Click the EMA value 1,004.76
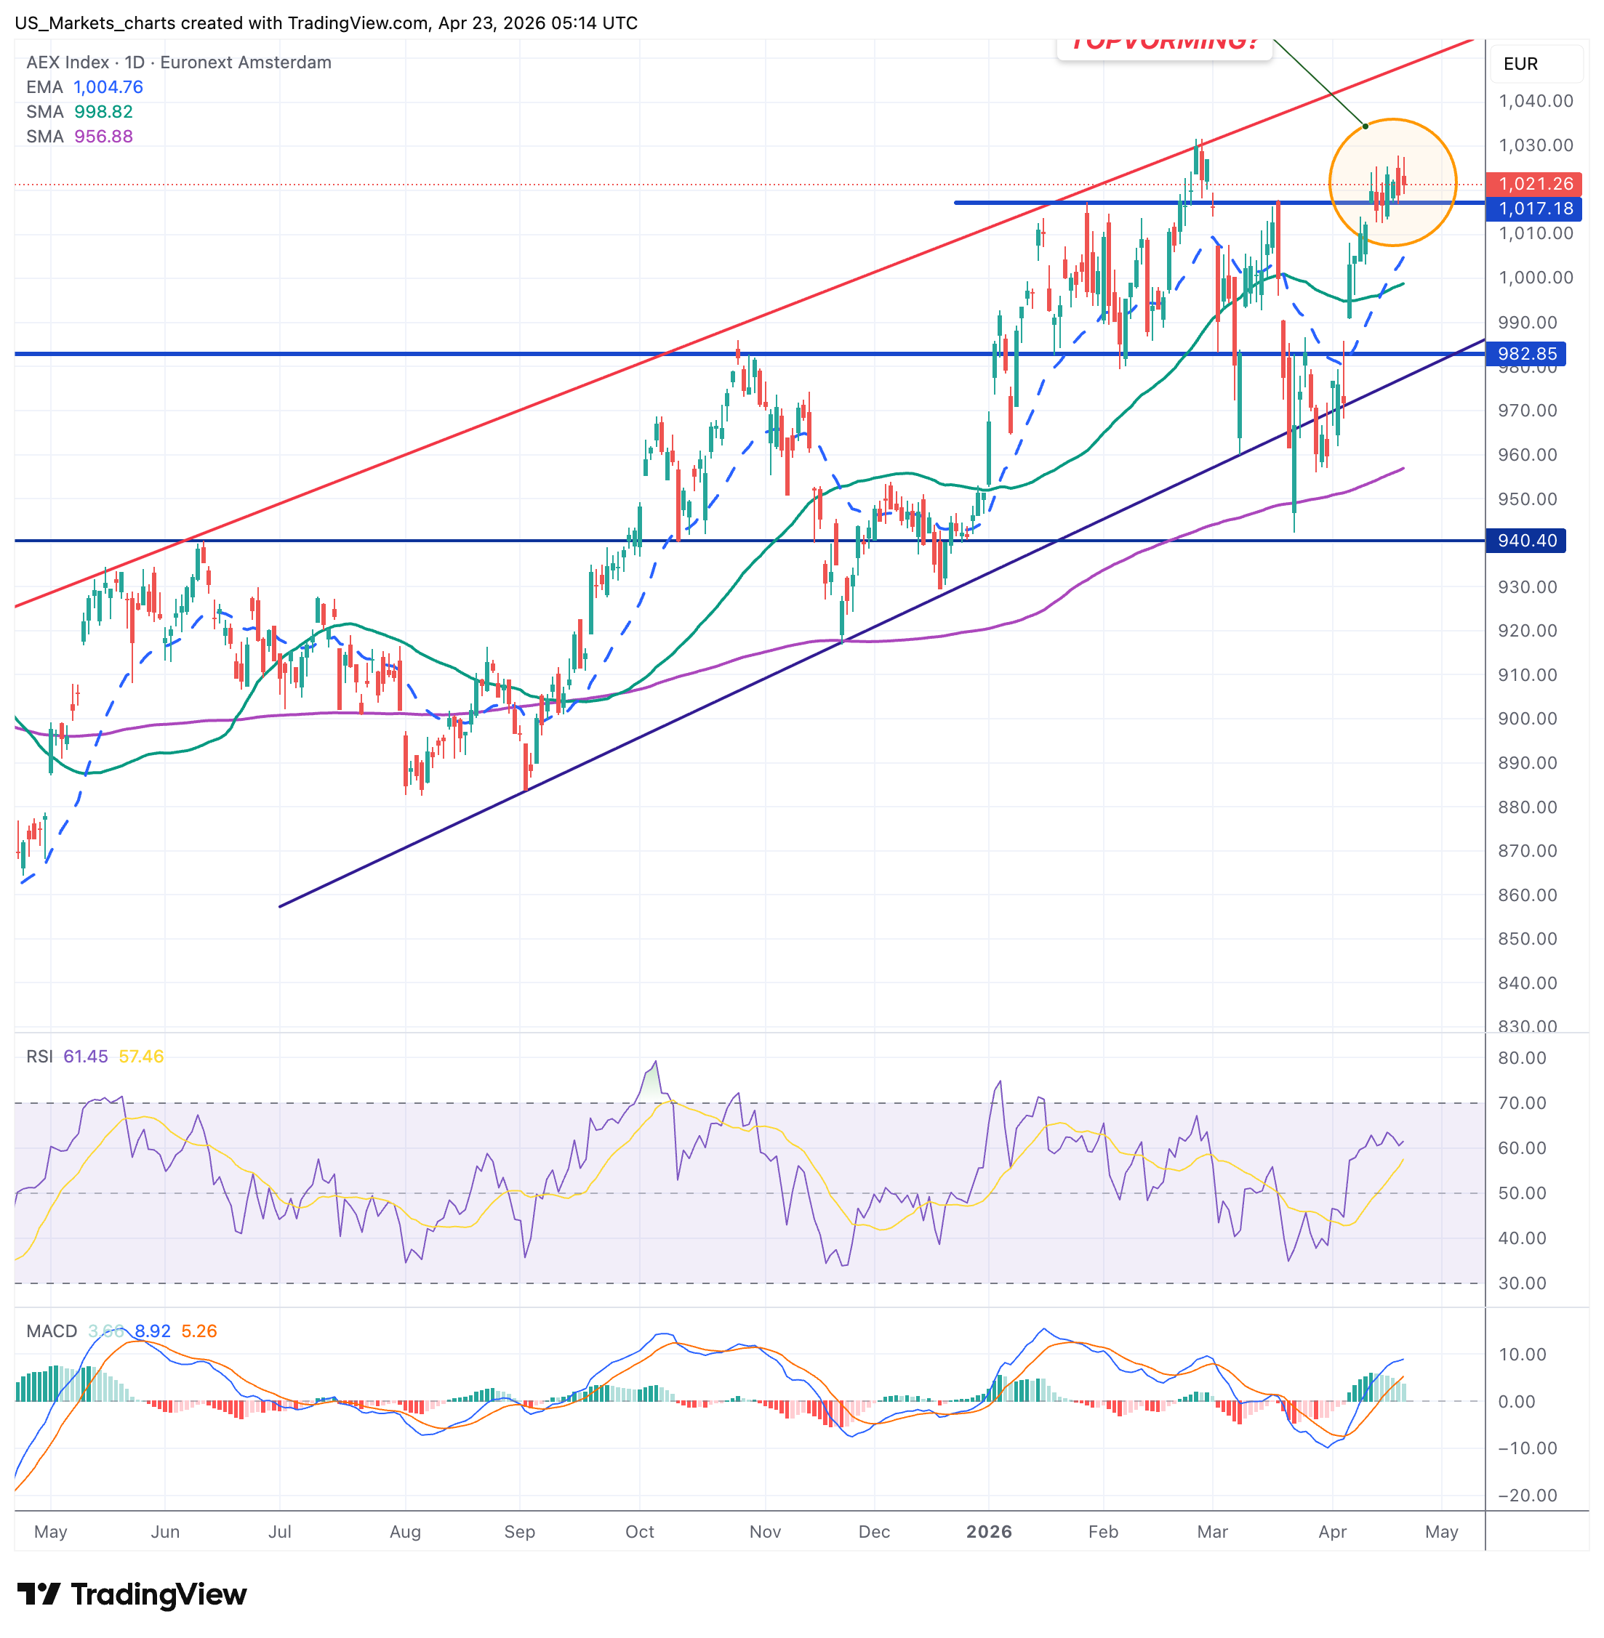[108, 86]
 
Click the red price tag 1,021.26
[1534, 184]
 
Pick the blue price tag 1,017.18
[1534, 208]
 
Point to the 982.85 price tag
[1525, 354]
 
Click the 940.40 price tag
[1525, 540]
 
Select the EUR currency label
[1520, 64]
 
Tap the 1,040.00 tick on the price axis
[1535, 101]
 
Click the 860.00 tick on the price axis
[1526, 895]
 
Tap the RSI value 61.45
[85, 1056]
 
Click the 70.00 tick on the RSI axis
[1521, 1103]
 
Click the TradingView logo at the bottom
[132, 1594]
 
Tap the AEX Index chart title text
[179, 62]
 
